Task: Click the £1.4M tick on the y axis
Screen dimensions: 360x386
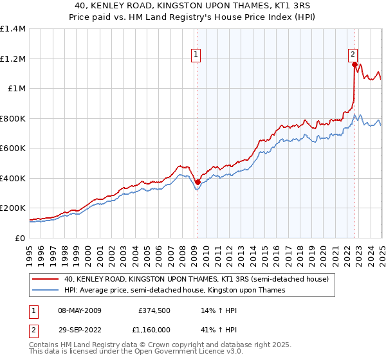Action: [x=13, y=29]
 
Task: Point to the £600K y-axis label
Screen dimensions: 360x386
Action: [x=13, y=148]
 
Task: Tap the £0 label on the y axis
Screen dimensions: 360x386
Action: [x=20, y=238]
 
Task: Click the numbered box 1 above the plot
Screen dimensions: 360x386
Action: [x=196, y=55]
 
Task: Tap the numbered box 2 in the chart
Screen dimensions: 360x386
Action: [x=353, y=55]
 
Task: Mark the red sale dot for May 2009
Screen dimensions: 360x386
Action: [x=198, y=183]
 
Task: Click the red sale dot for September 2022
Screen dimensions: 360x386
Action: [x=354, y=64]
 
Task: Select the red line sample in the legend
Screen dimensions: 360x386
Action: [x=46, y=280]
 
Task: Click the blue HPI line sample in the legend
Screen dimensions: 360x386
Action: [x=46, y=291]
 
